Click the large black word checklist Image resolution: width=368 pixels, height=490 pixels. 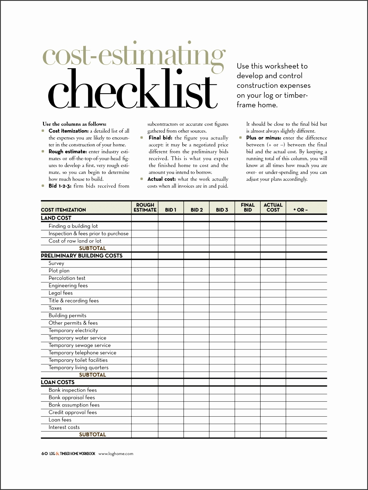132,89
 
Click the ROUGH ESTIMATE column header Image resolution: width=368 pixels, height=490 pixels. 145,207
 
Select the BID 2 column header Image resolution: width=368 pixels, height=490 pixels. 197,210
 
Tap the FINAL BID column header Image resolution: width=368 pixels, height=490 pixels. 248,207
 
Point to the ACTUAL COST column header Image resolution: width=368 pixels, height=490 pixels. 273,207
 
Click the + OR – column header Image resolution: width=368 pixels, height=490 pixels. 300,210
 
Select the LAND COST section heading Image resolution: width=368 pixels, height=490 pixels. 56,218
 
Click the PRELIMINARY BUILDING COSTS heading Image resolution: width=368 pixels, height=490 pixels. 82,256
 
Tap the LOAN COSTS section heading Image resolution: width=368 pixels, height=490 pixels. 58,382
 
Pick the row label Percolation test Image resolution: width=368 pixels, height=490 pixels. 67,278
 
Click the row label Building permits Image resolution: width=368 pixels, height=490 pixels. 67,315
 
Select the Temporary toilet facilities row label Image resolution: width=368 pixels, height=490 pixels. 78,360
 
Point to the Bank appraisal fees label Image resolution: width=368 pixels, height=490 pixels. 72,397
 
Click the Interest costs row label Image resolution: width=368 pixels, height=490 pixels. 64,427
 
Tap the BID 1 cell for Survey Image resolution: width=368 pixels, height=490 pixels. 171,263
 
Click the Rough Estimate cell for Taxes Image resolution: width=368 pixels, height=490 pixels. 145,308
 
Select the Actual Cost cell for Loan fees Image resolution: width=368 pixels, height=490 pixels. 273,420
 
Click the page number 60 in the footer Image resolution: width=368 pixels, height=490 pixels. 44,454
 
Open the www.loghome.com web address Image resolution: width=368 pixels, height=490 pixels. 116,454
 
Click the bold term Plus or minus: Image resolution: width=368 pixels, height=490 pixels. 264,138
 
